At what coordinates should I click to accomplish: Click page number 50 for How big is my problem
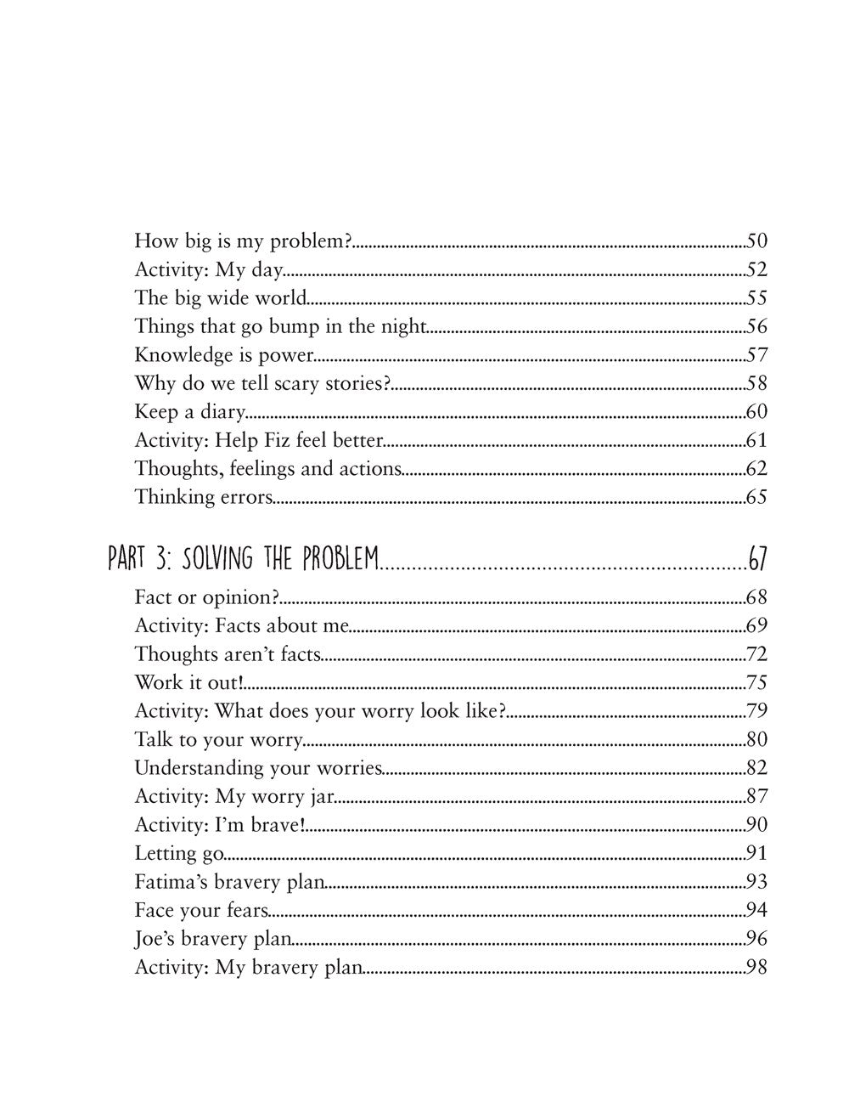coord(756,241)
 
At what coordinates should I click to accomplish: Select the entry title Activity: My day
coord(208,270)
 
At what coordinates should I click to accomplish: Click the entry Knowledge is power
coord(224,355)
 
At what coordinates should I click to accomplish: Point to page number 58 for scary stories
coord(756,383)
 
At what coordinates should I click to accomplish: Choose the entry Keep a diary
coord(189,412)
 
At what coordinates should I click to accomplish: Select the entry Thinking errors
coord(203,497)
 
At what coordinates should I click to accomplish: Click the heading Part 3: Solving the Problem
coord(243,559)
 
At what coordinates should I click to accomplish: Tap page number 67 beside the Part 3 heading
coord(757,559)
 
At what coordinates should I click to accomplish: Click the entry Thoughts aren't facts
coord(228,654)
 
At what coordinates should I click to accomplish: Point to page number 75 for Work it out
coord(756,683)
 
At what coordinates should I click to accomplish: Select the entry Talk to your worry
coord(218,740)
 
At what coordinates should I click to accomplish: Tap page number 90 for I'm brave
coord(756,825)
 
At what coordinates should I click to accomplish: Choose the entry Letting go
coord(178,853)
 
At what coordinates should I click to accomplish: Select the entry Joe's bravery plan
coord(212,939)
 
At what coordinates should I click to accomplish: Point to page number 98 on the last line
coord(756,967)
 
